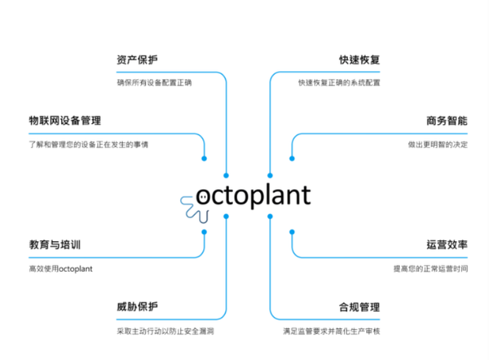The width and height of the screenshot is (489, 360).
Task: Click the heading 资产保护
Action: pos(137,60)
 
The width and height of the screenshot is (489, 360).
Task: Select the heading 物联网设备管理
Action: pos(64,121)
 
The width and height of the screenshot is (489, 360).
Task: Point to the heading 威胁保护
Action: pos(137,307)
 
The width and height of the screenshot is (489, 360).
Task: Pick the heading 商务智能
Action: pos(447,121)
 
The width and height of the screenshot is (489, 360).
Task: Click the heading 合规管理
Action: pos(359,307)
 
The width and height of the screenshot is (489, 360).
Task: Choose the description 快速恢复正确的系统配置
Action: pos(338,82)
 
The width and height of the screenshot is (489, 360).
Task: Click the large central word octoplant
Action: pos(253,195)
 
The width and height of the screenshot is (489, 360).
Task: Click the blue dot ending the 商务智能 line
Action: pos(292,158)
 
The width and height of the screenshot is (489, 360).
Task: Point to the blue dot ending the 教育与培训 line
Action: pos(204,231)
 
